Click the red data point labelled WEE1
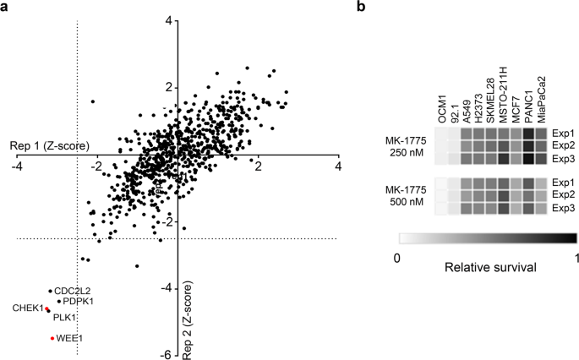pyautogui.click(x=52, y=338)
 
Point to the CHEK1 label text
pyautogui.click(x=27, y=308)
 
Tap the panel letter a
pyautogui.click(x=6, y=8)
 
